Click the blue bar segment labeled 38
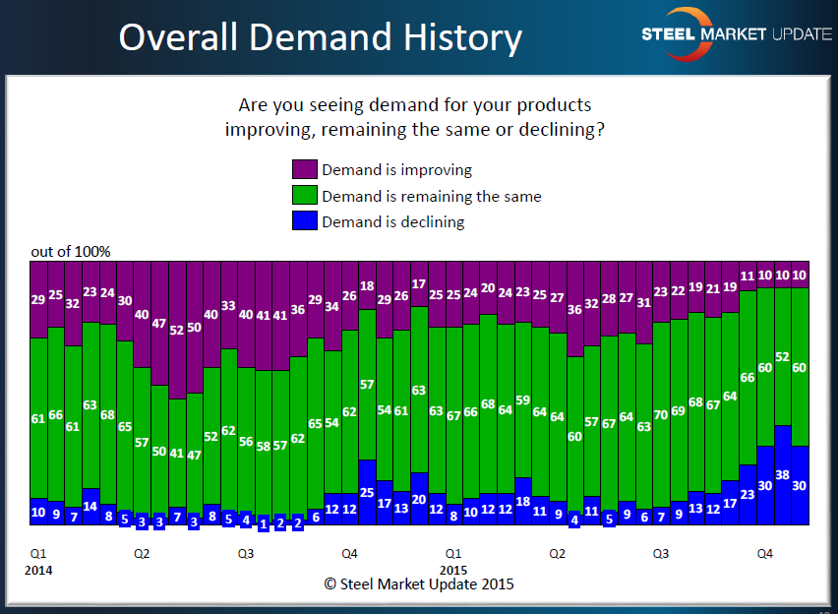click(783, 475)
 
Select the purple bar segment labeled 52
click(177, 330)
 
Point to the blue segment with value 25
click(368, 492)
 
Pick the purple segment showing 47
click(159, 323)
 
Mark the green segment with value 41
click(177, 454)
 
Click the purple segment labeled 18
click(368, 285)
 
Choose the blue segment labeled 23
click(748, 495)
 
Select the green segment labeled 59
click(523, 400)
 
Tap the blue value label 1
click(264, 523)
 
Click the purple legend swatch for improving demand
click(304, 170)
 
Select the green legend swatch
click(304, 196)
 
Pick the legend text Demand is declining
click(392, 221)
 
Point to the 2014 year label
click(39, 570)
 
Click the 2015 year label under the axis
click(453, 570)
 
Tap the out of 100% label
click(71, 252)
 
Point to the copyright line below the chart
click(419, 583)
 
